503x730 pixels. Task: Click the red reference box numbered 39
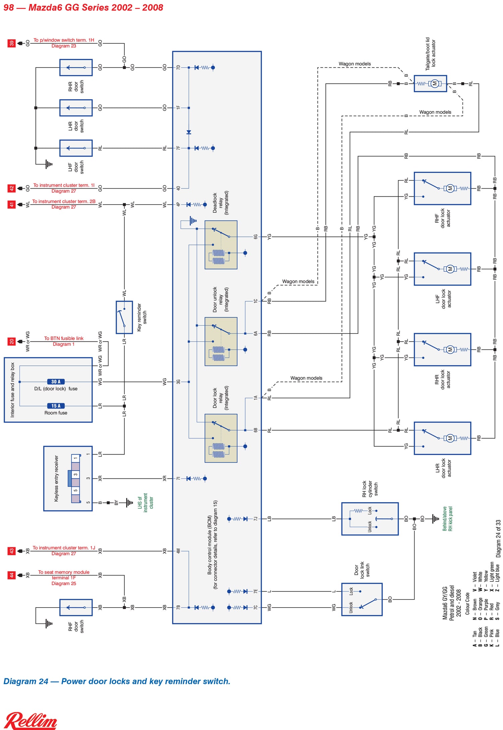(12, 43)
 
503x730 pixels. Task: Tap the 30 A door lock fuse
(56, 382)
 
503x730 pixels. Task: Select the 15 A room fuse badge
(56, 406)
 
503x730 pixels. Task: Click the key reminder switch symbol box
(124, 317)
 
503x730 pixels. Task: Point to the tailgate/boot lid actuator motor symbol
(435, 84)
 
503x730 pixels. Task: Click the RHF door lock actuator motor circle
(450, 189)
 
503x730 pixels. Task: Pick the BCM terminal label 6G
(256, 237)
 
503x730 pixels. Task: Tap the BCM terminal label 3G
(178, 382)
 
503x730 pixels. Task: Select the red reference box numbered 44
(12, 575)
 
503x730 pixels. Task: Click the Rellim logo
(31, 720)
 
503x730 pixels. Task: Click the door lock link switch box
(362, 599)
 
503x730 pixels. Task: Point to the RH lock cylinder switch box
(370, 519)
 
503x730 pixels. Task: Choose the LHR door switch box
(76, 108)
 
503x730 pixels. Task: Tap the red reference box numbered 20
(12, 342)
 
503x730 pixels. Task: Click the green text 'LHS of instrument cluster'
(145, 503)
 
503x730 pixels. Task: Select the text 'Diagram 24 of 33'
(498, 539)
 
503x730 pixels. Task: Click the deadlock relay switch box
(221, 245)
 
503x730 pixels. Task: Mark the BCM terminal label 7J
(256, 519)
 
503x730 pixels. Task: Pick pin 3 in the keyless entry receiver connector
(76, 474)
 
